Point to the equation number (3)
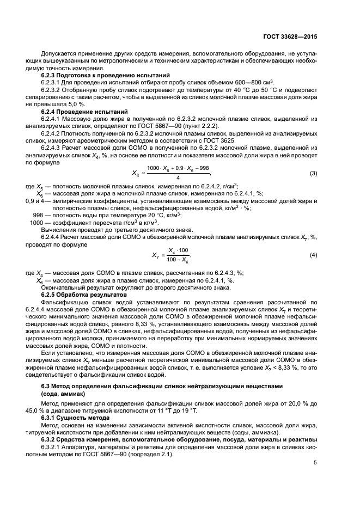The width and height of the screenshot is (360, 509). (x=313, y=173)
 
